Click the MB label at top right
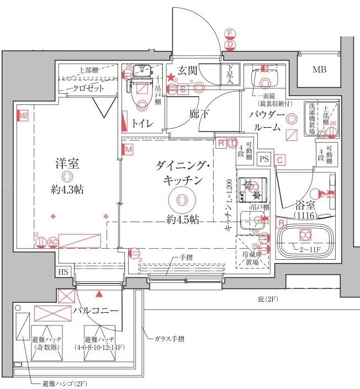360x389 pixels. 319,70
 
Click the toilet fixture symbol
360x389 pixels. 142,88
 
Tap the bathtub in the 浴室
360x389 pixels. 303,236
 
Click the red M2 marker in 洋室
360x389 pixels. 23,117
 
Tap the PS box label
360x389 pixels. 265,159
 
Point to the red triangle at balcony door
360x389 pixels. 99,295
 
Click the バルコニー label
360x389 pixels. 96,311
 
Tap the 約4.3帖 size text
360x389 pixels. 67,190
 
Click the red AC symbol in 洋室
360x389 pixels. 53,241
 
